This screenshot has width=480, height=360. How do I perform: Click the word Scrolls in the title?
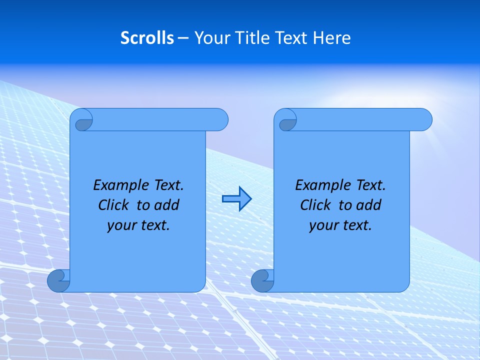[147, 38]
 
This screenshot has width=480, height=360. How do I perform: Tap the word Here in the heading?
[332, 38]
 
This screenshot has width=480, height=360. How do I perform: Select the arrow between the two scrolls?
[236, 199]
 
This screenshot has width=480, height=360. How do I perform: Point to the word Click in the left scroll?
[113, 205]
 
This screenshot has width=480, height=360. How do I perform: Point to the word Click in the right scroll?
[315, 205]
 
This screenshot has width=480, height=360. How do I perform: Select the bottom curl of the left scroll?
[58, 280]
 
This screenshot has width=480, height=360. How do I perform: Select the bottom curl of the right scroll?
[262, 280]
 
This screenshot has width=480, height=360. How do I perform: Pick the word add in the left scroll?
[167, 205]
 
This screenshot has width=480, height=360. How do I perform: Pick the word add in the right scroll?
[369, 205]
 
